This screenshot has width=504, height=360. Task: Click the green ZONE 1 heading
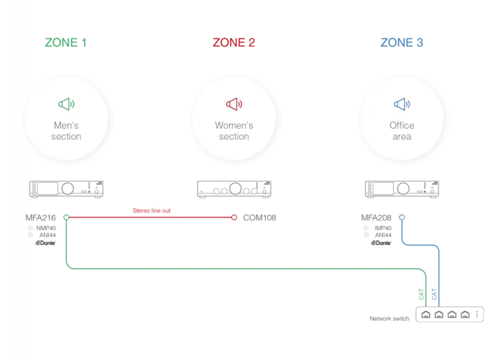pyautogui.click(x=66, y=42)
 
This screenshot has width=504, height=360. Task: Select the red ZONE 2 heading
pyautogui.click(x=234, y=42)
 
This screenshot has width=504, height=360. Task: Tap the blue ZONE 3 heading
pyautogui.click(x=402, y=42)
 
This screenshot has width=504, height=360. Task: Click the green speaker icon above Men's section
pyautogui.click(x=66, y=104)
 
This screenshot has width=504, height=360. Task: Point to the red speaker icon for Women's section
pyautogui.click(x=234, y=104)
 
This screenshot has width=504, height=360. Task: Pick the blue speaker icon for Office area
pyautogui.click(x=402, y=104)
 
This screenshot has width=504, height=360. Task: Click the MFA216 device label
pyautogui.click(x=40, y=218)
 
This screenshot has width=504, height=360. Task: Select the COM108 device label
pyautogui.click(x=259, y=218)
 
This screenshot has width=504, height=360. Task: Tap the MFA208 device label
pyautogui.click(x=376, y=218)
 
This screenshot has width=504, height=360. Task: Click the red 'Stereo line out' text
pyautogui.click(x=151, y=210)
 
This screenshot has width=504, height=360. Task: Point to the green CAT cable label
pyautogui.click(x=421, y=294)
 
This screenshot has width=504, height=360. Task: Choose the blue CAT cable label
pyautogui.click(x=434, y=294)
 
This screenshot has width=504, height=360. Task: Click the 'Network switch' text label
pyautogui.click(x=390, y=318)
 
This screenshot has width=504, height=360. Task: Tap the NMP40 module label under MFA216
pyautogui.click(x=46, y=228)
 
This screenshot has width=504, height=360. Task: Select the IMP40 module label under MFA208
pyautogui.click(x=383, y=228)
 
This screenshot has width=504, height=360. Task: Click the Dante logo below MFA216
pyautogui.click(x=45, y=243)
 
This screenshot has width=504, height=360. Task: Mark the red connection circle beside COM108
pyautogui.click(x=234, y=217)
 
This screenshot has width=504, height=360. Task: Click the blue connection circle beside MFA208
pyautogui.click(x=402, y=217)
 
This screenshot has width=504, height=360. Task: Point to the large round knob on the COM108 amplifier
pyautogui.click(x=235, y=189)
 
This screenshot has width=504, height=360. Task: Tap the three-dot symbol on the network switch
pyautogui.click(x=477, y=315)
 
